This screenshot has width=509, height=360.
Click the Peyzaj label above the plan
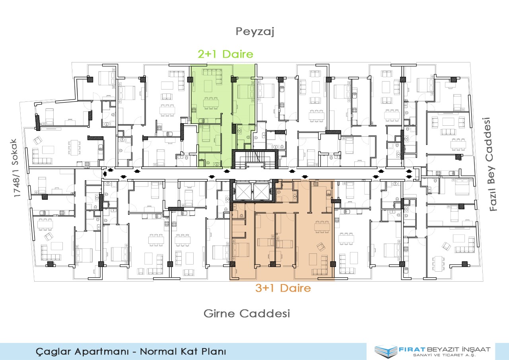pyautogui.click(x=255, y=31)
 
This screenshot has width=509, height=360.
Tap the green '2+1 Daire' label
pyautogui.click(x=225, y=54)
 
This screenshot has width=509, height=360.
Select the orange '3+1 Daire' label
pyautogui.click(x=283, y=288)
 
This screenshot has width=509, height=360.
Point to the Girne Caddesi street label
pyautogui.click(x=247, y=313)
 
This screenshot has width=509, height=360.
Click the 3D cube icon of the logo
pyautogui.click(x=386, y=351)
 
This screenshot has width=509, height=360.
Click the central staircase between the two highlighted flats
pyautogui.click(x=255, y=160)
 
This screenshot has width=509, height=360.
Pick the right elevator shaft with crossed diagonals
pyautogui.click(x=261, y=192)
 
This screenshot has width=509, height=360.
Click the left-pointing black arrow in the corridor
pyautogui.click(x=105, y=174)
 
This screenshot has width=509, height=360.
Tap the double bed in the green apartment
pyautogui.click(x=246, y=91)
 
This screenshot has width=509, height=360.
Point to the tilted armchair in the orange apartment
pyautogui.click(x=321, y=247)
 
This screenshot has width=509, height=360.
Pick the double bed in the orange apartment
pyautogui.click(x=241, y=249)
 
